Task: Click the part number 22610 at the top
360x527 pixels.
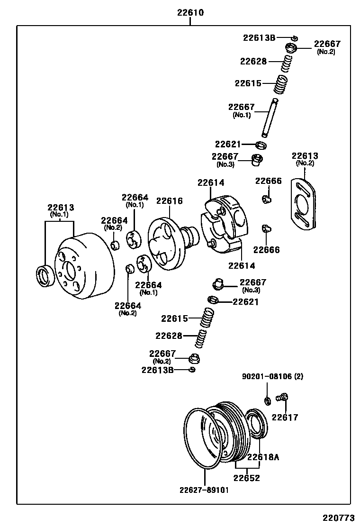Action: [x=190, y=13]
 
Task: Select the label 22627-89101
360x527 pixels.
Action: [x=204, y=490]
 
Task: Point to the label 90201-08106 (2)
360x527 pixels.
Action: [x=272, y=377]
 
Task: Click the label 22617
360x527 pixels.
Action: [x=285, y=418]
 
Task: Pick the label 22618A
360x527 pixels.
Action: [x=263, y=457]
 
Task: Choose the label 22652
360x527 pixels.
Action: [x=247, y=478]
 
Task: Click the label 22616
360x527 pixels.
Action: [x=170, y=200]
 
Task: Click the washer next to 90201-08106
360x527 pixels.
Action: [x=268, y=401]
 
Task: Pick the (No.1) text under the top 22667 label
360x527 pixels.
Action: [x=242, y=115]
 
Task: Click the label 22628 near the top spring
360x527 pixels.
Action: [x=253, y=61]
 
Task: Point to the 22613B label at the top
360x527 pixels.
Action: [x=259, y=37]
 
